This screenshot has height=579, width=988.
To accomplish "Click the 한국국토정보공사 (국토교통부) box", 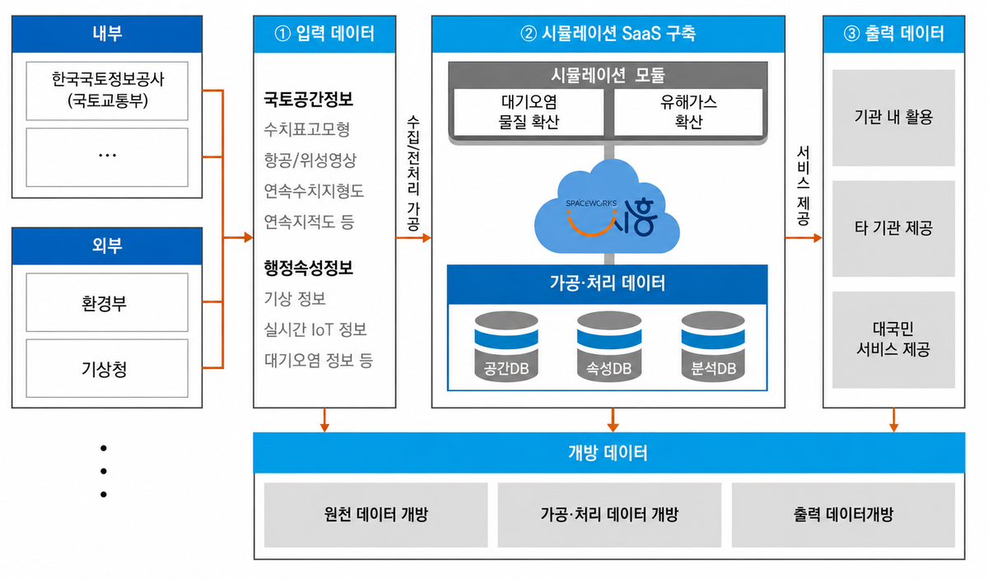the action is (107, 91).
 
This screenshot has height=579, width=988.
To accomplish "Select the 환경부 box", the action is (107, 302).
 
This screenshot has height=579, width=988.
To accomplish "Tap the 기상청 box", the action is (107, 368).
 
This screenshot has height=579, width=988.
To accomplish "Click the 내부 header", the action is (107, 34).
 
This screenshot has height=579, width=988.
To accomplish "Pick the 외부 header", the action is (107, 245).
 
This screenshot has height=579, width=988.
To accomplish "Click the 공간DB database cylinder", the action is (506, 347).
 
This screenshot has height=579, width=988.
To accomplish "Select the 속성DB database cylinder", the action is (609, 347).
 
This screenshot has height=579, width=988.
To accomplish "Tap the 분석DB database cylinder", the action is (713, 347).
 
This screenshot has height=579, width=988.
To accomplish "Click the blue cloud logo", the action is (607, 208).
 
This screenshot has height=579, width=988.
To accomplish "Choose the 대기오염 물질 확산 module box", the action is (529, 112).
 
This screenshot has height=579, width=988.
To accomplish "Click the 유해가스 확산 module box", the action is (688, 112).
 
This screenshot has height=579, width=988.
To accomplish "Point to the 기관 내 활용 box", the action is (893, 118).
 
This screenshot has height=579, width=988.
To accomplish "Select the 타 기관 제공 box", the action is (893, 229).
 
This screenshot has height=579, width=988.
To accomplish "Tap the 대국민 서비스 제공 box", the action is (893, 340).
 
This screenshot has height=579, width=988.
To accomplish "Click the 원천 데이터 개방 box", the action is (375, 515).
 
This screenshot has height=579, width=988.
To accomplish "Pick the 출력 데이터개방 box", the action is (843, 515).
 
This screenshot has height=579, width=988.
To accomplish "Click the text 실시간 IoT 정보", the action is (315, 329).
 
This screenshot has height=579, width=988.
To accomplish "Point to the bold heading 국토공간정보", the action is (308, 100).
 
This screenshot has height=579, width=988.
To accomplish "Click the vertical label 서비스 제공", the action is (803, 186).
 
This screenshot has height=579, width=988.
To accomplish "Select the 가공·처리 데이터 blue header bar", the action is (608, 284).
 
